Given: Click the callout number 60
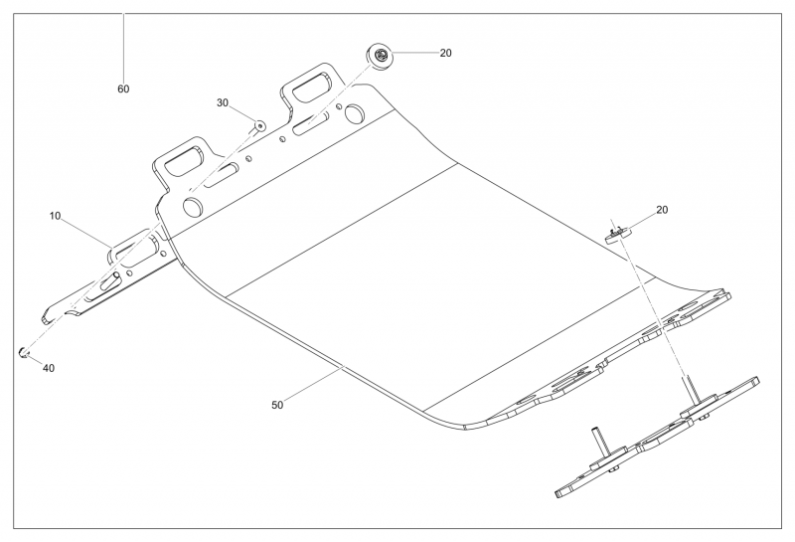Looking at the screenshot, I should coord(123,90).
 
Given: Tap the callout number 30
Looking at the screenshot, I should coord(223,103).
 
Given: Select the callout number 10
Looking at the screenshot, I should coord(56,215).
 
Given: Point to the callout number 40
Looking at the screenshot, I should coord(48,368).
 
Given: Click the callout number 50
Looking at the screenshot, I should coord(278,405).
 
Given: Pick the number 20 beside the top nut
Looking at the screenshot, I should coord(445,53).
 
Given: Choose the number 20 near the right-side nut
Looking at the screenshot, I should coord(662,210).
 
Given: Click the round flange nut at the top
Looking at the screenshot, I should coord(382,56).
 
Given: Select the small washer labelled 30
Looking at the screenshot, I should coord(257,126).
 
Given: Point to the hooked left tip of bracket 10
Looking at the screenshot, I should coord(46,318).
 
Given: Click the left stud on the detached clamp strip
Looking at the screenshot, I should coord(598,440).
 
